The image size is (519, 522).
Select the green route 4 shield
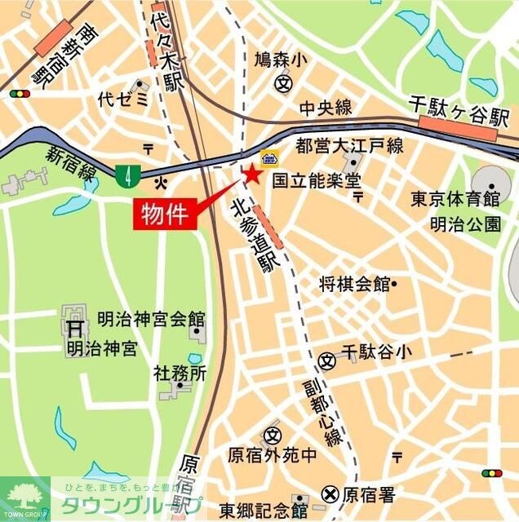pos(126,173)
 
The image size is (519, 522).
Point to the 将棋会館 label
pos(355,284)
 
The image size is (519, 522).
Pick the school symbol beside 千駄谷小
pos(328,359)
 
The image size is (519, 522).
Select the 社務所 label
pos(180,373)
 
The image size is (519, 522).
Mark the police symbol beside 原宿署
pos(330,493)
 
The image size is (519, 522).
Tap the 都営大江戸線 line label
pos(349,147)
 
